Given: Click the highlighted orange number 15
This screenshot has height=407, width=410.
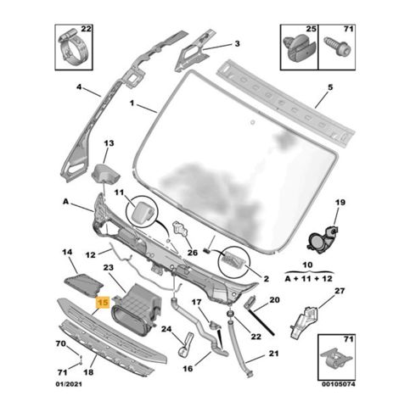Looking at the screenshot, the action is pos(103,303).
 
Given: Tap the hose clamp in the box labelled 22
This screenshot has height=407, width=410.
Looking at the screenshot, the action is pos(73,49).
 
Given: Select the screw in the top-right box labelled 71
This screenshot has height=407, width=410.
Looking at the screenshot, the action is pos(338,47).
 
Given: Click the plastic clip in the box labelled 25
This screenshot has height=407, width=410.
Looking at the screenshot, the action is pos(300,49).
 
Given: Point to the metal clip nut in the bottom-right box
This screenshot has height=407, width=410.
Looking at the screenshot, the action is pos(336,359).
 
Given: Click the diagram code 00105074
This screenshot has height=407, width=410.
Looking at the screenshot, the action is pos(338,384).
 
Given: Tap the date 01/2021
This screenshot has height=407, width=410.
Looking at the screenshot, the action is pos(68,384).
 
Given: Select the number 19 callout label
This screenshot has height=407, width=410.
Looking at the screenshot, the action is pos(340,203).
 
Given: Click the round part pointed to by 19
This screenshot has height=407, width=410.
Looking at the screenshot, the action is pos(322,240).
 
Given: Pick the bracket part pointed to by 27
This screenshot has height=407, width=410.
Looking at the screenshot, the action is pos(305,322).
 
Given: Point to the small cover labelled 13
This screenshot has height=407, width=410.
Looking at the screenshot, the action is pos(105,174).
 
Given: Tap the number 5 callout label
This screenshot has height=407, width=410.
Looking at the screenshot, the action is pos(330,87).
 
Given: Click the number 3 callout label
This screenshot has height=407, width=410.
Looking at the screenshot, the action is pos(237,43).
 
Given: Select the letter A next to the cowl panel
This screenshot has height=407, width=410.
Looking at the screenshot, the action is pos(65,202).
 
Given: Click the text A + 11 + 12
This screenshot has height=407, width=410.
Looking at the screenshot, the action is pos(309,279).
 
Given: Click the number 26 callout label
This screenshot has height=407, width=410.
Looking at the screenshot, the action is pos(193,252).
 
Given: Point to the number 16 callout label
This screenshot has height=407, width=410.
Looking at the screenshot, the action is pos(188,369).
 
